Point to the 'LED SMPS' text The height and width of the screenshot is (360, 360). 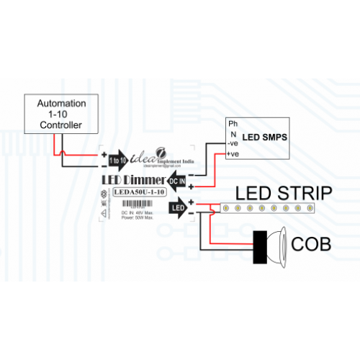264,136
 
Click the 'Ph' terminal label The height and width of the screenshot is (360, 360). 233,124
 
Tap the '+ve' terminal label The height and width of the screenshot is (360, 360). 233,154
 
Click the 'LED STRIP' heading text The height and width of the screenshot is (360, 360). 284,193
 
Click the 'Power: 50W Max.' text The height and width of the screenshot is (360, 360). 136,219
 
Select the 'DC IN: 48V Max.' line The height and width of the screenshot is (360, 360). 136,214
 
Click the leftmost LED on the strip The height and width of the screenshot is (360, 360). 225,209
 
